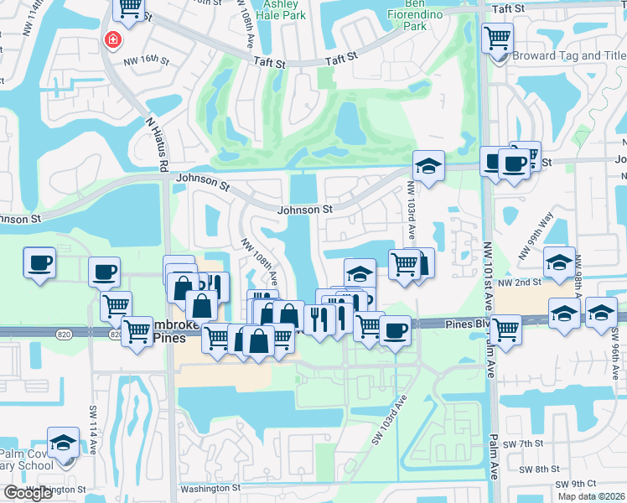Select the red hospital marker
pos(111,40)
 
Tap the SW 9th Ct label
pos(580,484)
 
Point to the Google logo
pos(28,493)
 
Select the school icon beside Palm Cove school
pos(63,443)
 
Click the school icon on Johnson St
pos(428,165)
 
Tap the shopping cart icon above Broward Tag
pos(498,37)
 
